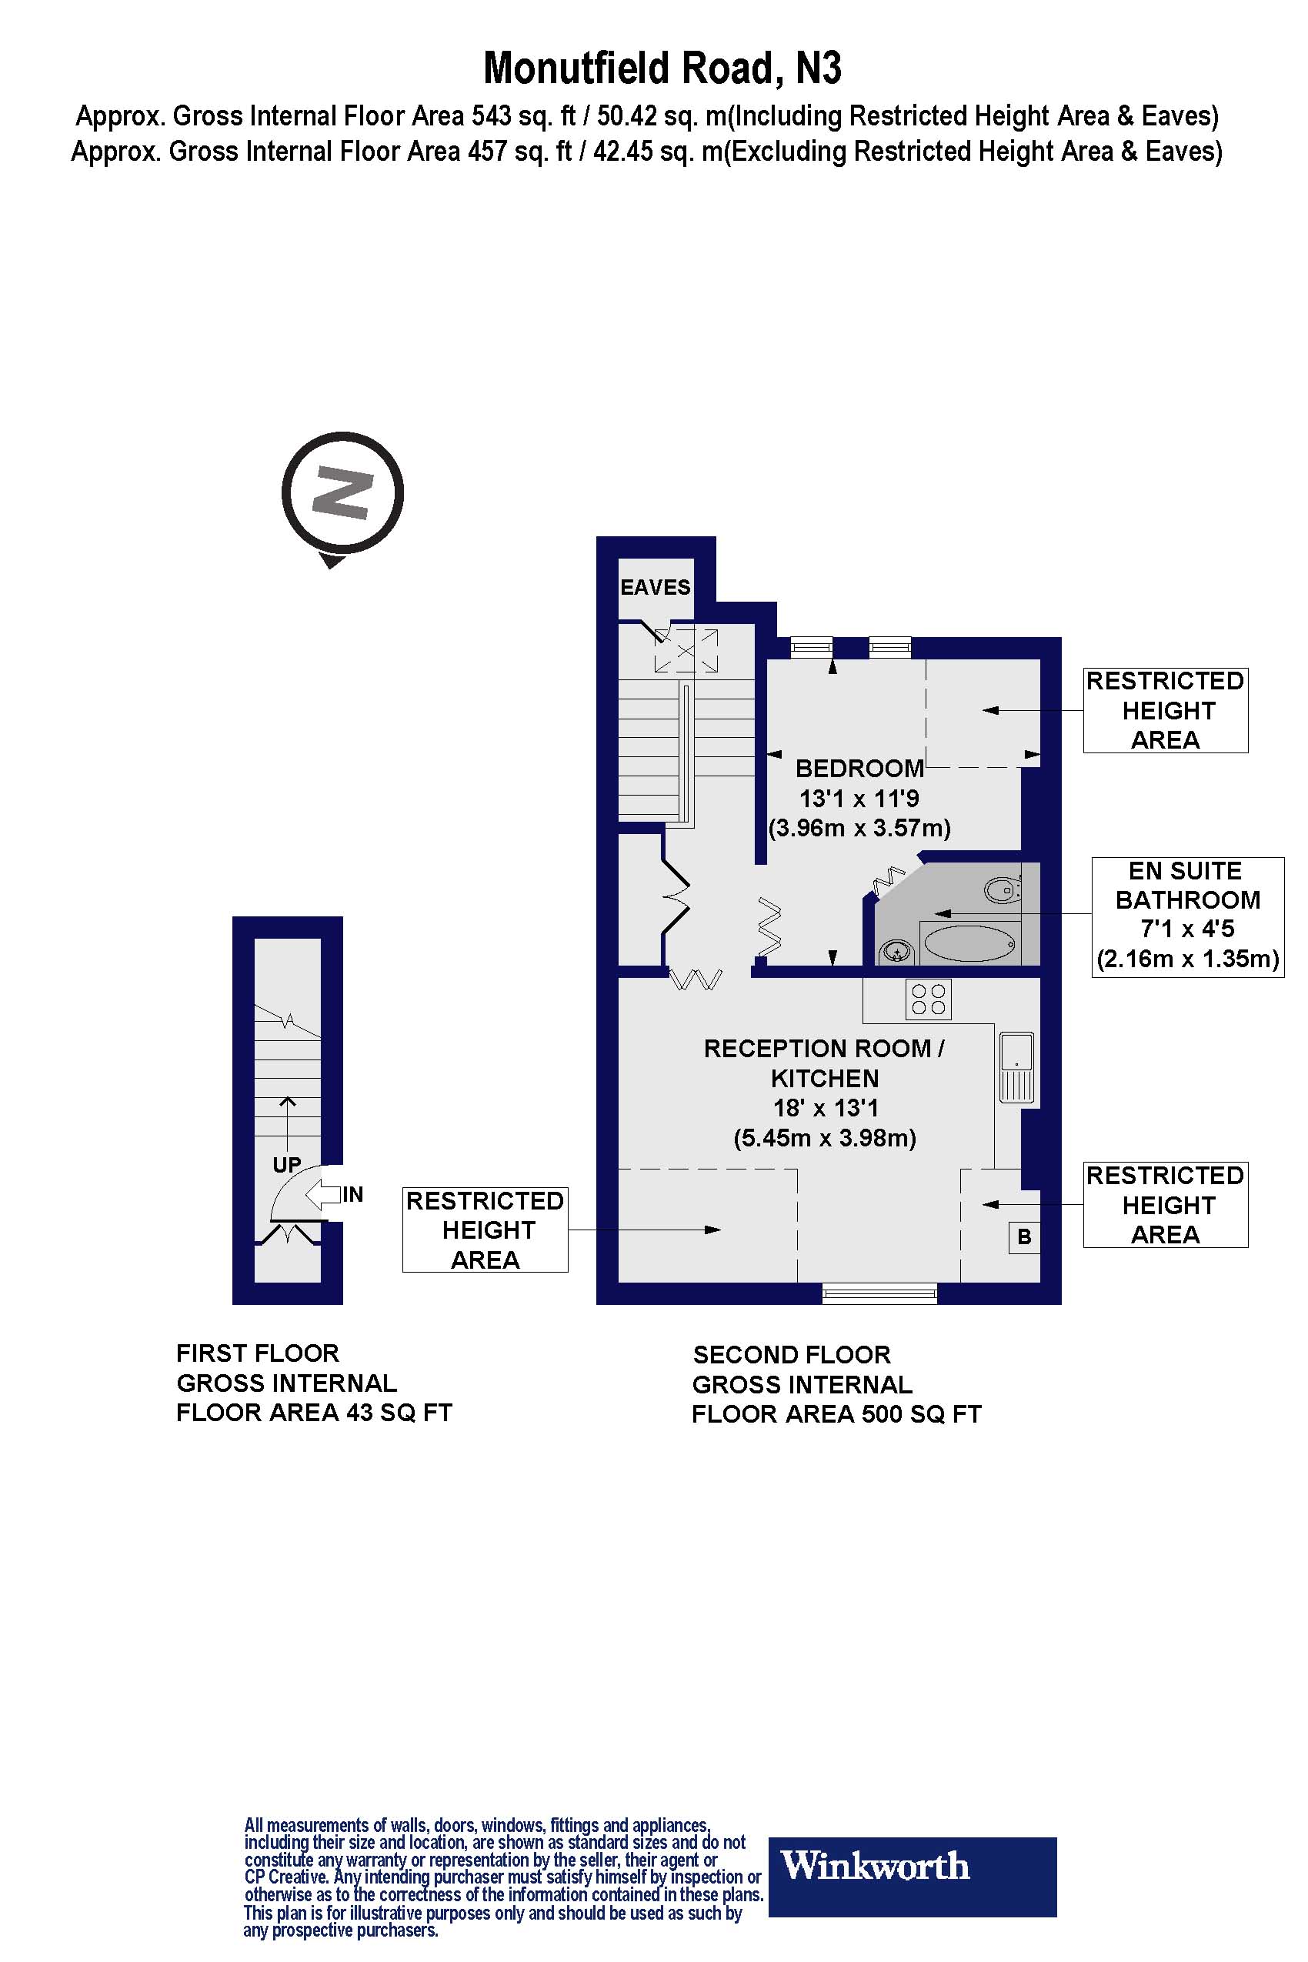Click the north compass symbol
click(x=342, y=495)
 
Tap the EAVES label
click(x=655, y=587)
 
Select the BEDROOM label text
click(x=859, y=769)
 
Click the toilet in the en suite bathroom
click(x=1002, y=891)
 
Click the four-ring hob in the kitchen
click(x=929, y=999)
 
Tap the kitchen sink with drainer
click(x=1016, y=1068)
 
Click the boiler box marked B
click(x=1024, y=1237)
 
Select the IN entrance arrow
click(x=329, y=1195)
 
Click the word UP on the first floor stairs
click(x=287, y=1165)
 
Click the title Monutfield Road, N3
click(x=662, y=68)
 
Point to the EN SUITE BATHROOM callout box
click(x=1187, y=916)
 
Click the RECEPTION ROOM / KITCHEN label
click(x=824, y=1063)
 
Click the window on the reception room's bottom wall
click(x=879, y=1294)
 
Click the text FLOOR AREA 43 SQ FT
click(x=314, y=1413)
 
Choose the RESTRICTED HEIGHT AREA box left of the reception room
click(x=485, y=1230)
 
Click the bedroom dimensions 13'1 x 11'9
click(x=859, y=799)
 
